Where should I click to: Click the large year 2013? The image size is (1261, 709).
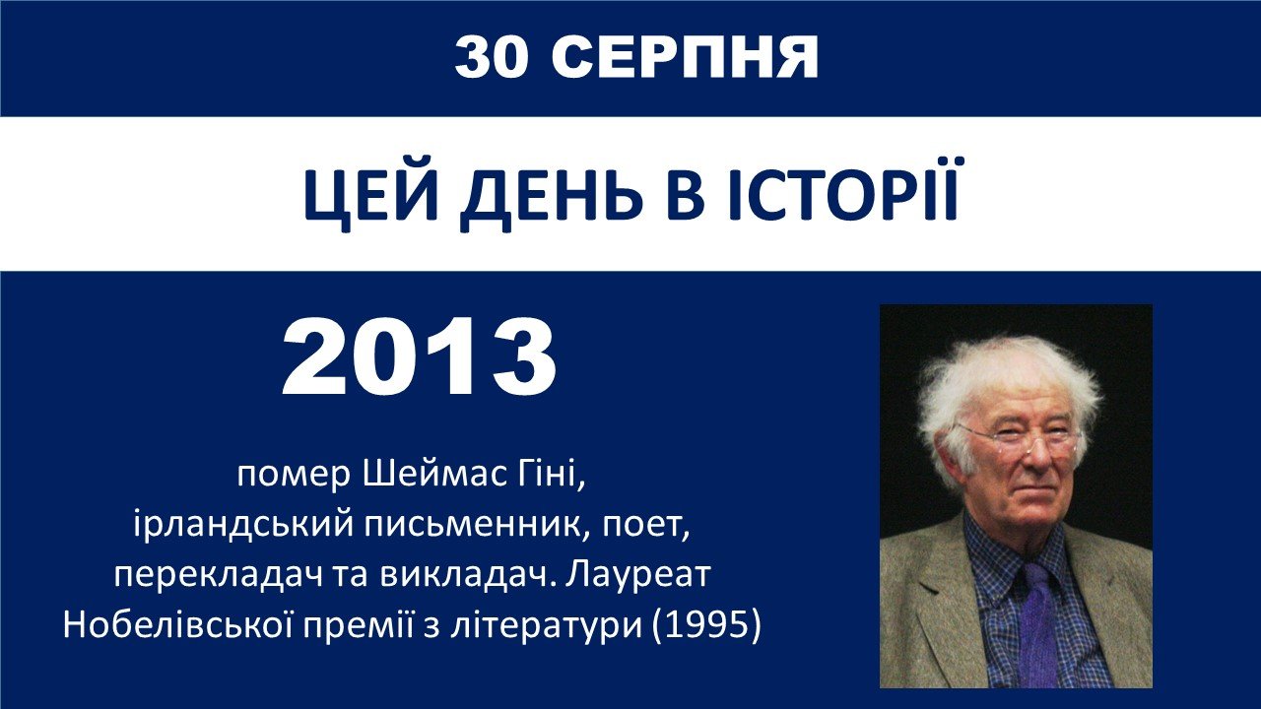[420, 357]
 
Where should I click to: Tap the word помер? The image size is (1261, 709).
[294, 476]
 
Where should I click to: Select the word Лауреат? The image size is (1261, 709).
[639, 574]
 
